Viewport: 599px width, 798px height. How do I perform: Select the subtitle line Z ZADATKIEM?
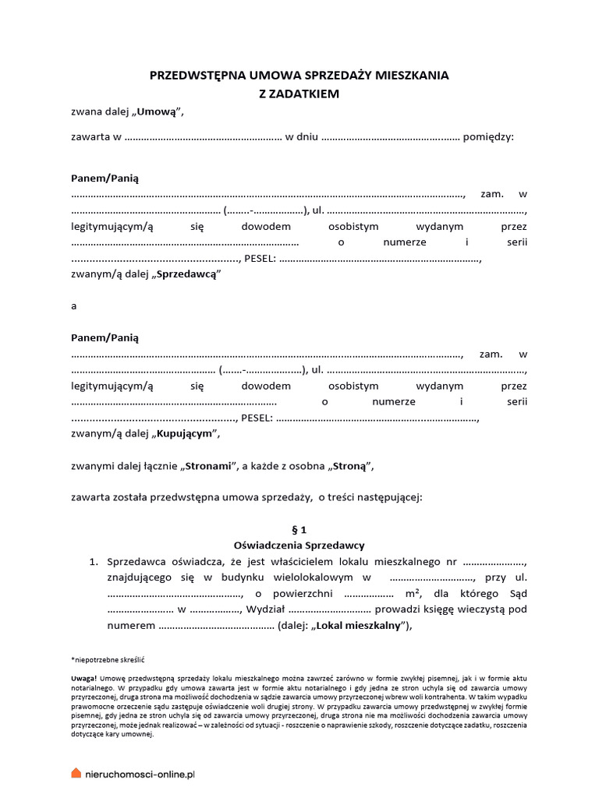(299, 94)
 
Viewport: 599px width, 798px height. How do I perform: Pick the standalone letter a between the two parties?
(74, 306)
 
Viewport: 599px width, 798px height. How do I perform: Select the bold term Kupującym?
(187, 433)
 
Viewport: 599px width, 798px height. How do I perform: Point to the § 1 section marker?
(299, 528)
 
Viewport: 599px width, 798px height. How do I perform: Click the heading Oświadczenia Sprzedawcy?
(299, 545)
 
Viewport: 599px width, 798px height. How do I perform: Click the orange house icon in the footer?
(76, 772)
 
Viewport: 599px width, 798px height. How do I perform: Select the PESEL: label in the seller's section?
(260, 259)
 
